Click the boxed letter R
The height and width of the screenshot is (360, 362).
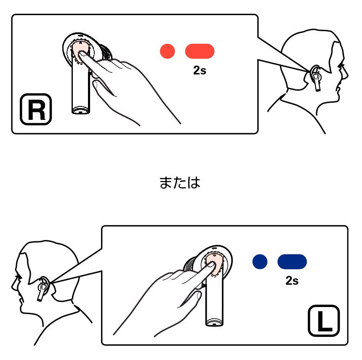pos(36,109)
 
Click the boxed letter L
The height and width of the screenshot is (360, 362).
pos(324,320)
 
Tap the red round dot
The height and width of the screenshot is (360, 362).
pos(168,51)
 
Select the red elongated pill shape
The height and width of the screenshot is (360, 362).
pos(200,51)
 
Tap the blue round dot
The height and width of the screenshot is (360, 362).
pos(260,262)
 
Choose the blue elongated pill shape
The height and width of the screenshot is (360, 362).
pos(292,262)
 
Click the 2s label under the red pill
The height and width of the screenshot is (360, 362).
pos(200,70)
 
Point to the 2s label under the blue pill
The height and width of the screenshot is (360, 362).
pos(292,281)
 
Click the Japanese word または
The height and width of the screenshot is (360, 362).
pos(180,183)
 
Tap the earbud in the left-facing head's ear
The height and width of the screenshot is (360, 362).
pos(43,289)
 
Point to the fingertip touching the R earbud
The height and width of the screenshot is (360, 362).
pos(82,54)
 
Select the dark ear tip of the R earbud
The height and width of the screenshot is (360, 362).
pos(106,53)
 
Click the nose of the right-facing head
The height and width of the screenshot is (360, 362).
pos(346,75)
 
